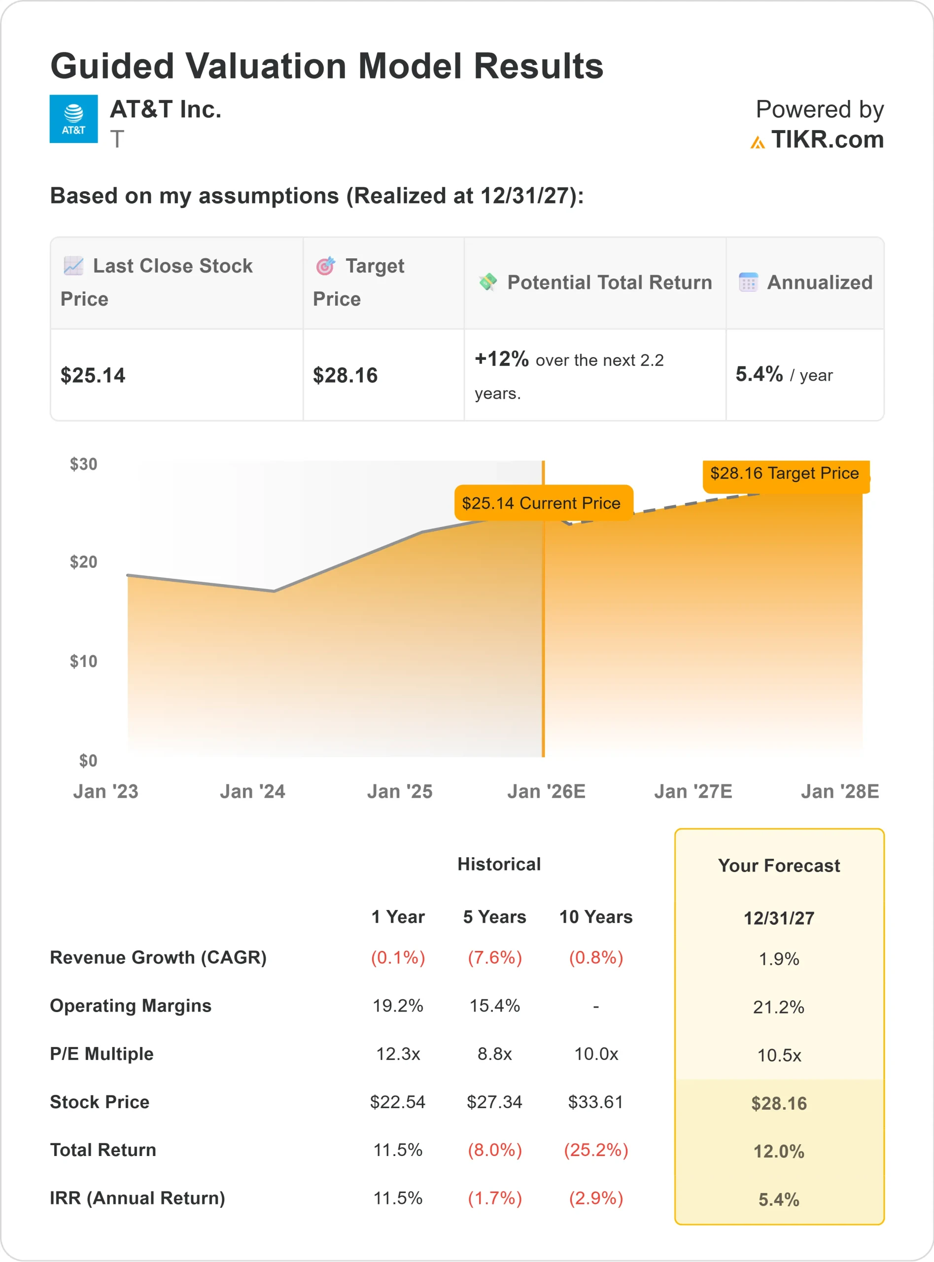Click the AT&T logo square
click(73, 119)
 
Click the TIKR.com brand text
click(827, 140)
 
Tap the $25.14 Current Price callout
click(543, 503)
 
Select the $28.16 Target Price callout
click(785, 473)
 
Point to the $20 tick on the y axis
click(83, 562)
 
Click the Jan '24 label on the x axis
click(252, 791)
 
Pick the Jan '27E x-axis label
click(692, 791)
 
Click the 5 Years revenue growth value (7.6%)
click(494, 958)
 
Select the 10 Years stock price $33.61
click(595, 1102)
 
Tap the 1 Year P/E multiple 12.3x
click(398, 1054)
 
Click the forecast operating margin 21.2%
click(779, 1007)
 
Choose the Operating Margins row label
click(131, 1006)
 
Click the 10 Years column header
click(595, 916)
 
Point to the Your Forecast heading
click(779, 866)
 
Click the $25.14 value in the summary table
click(93, 376)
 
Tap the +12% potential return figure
click(501, 359)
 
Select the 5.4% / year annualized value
click(784, 374)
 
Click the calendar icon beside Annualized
click(748, 282)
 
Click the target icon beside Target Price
click(325, 265)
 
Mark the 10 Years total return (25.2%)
click(595, 1150)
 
